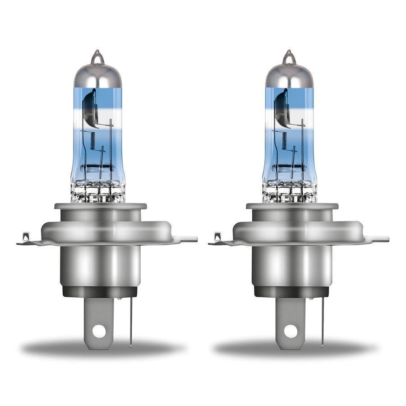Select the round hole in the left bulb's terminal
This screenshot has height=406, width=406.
click(x=98, y=331)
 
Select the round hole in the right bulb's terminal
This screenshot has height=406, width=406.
click(x=290, y=331)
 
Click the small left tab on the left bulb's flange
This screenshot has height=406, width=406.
click(x=26, y=236)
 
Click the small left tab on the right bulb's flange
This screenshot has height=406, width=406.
click(x=218, y=236)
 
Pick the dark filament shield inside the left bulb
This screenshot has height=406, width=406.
click(x=90, y=108)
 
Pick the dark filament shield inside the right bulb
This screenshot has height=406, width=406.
click(x=281, y=108)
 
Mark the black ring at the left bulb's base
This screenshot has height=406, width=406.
click(x=100, y=291)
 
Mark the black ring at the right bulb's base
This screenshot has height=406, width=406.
click(x=292, y=291)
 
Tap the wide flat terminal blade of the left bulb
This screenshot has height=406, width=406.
click(x=98, y=316)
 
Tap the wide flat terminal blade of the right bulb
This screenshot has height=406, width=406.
click(x=290, y=316)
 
